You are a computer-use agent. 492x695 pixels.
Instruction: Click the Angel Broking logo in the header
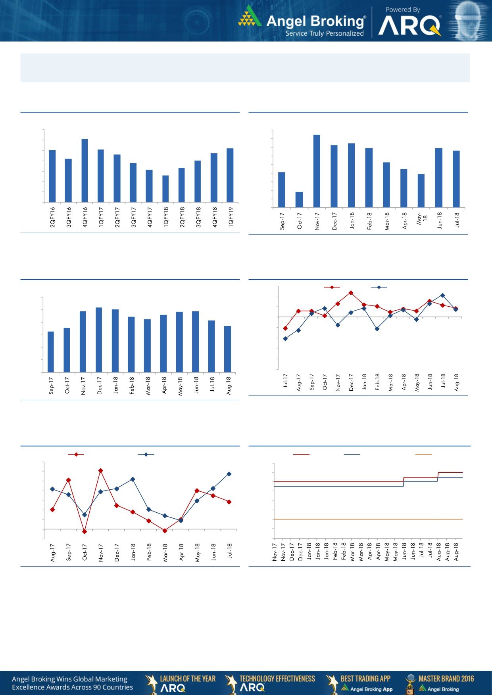302,22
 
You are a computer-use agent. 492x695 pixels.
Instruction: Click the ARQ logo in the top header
409,26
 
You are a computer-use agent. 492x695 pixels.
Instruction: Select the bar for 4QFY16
85,170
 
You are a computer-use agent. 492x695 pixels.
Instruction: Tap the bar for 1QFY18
165,189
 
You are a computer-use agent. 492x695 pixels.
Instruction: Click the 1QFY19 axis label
231,217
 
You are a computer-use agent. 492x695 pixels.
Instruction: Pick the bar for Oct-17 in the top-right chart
299,200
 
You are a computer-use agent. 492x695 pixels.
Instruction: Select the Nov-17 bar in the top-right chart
317,171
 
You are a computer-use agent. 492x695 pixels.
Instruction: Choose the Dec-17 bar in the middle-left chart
99,340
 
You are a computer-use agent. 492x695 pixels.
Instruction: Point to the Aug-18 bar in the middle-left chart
227,349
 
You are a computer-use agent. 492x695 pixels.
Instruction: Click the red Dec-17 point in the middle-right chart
351,293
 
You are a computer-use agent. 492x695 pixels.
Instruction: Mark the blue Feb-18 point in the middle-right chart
377,329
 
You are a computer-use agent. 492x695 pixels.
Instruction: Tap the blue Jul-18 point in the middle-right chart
443,295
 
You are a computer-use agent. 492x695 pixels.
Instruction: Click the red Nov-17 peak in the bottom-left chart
100,471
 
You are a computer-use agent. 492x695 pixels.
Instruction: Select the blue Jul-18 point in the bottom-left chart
229,474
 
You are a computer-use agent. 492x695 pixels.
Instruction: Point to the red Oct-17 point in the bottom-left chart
85,532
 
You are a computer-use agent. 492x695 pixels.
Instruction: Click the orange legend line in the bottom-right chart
423,454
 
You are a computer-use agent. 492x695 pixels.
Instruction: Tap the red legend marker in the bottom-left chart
76,454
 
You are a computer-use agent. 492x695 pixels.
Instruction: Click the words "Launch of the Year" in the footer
188,678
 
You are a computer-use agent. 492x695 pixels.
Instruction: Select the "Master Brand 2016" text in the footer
446,678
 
